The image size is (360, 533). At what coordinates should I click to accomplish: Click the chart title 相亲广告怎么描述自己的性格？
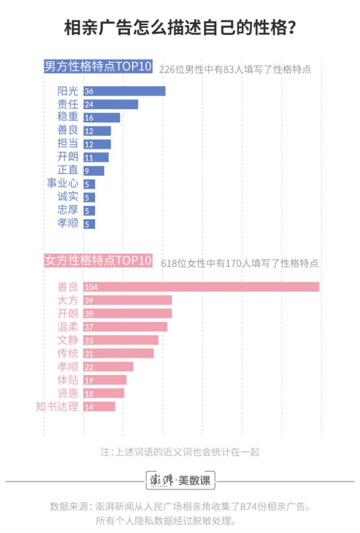[179, 28]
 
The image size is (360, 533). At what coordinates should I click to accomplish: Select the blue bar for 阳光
[124, 91]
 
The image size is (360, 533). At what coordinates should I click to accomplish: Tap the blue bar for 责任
[111, 104]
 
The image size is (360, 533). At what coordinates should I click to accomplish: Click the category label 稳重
[68, 117]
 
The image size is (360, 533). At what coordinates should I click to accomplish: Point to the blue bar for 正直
[94, 170]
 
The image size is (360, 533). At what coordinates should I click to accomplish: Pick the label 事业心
[63, 184]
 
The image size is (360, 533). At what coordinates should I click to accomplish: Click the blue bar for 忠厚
[89, 210]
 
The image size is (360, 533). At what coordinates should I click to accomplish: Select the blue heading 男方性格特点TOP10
[98, 67]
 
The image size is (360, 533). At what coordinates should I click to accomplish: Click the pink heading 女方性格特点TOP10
[98, 260]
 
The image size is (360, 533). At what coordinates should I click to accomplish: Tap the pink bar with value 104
[201, 287]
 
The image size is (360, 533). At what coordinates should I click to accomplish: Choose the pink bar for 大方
[128, 300]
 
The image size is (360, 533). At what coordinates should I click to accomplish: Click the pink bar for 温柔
[125, 327]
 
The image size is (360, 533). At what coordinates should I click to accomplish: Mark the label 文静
[68, 340]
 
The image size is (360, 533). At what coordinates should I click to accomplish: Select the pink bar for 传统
[118, 353]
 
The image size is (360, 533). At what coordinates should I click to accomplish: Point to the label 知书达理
[57, 406]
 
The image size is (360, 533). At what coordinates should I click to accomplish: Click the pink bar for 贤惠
[103, 393]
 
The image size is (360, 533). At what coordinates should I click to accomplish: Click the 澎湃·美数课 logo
[180, 481]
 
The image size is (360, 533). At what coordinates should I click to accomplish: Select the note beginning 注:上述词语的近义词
[180, 452]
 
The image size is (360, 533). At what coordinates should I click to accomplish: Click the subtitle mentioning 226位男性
[235, 69]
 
